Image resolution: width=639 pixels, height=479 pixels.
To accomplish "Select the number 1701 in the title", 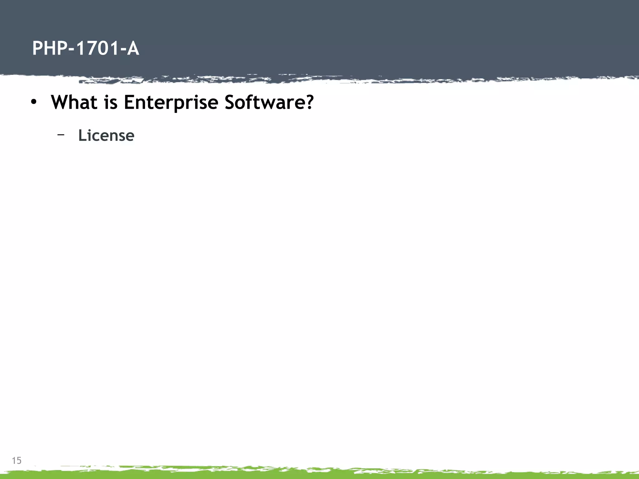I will (x=96, y=49).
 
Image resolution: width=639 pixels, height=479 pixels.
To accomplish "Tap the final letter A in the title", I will (x=133, y=49).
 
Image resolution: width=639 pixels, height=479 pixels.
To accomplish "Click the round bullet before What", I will (x=34, y=102).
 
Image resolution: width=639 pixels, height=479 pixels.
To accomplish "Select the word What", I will (x=74, y=102).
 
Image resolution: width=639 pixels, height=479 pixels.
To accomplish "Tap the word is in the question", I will (x=111, y=102).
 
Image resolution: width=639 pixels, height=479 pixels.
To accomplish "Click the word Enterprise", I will (x=171, y=103).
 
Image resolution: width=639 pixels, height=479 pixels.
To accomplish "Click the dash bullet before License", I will (x=61, y=135).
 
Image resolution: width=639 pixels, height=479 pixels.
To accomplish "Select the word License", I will (x=106, y=135).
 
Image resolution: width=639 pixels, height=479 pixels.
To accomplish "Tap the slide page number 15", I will (x=17, y=460).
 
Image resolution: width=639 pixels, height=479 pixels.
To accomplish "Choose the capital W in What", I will (x=61, y=102).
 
